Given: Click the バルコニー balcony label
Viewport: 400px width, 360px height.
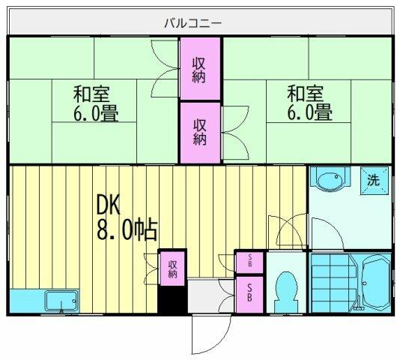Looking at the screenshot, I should pos(193,22).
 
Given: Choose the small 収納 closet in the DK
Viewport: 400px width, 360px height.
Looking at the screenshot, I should pos(172,268).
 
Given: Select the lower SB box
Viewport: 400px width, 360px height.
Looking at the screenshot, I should pos(249,293).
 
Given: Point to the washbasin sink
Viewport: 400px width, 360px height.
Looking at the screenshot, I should pos(330,181).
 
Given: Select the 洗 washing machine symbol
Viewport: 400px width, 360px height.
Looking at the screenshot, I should pos(373,180).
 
